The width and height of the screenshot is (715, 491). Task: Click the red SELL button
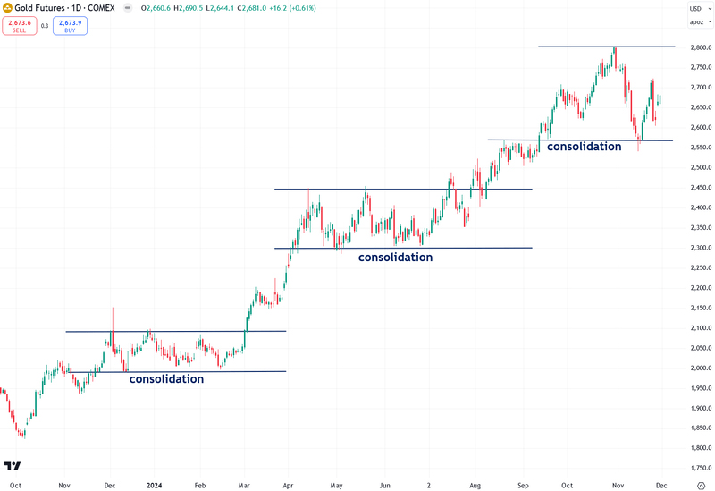click(x=18, y=25)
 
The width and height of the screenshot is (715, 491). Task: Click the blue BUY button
click(x=70, y=25)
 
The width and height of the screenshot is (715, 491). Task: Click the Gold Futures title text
click(x=50, y=7)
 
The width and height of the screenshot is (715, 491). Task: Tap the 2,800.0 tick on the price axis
click(x=700, y=47)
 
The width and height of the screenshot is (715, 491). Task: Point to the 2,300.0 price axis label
click(x=700, y=248)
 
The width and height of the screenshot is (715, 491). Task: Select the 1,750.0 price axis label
click(x=700, y=468)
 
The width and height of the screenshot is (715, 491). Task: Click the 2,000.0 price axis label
click(x=700, y=368)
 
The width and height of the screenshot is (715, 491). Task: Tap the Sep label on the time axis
click(x=520, y=484)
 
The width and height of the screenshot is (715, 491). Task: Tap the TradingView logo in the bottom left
click(x=13, y=466)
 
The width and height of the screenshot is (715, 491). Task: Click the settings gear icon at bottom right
click(x=700, y=484)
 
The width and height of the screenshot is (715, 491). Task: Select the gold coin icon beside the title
click(x=7, y=7)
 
